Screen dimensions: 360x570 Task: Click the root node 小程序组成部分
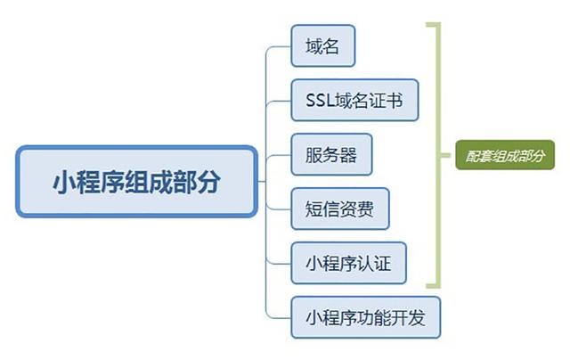click(x=136, y=182)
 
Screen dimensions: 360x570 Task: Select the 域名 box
click(x=322, y=45)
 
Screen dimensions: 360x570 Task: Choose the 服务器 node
click(x=331, y=155)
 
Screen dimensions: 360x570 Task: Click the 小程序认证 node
click(x=348, y=263)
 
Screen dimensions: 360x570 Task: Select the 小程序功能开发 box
click(x=366, y=317)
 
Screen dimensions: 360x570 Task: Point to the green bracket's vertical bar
click(x=436, y=155)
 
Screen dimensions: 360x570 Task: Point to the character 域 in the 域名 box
click(x=313, y=45)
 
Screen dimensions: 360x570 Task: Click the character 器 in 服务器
click(x=348, y=155)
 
